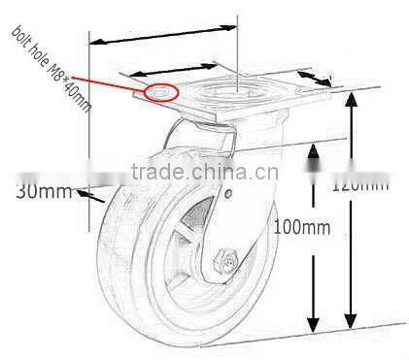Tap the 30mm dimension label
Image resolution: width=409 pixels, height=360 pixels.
click(43, 190)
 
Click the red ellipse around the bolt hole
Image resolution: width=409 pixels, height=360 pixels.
click(161, 93)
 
